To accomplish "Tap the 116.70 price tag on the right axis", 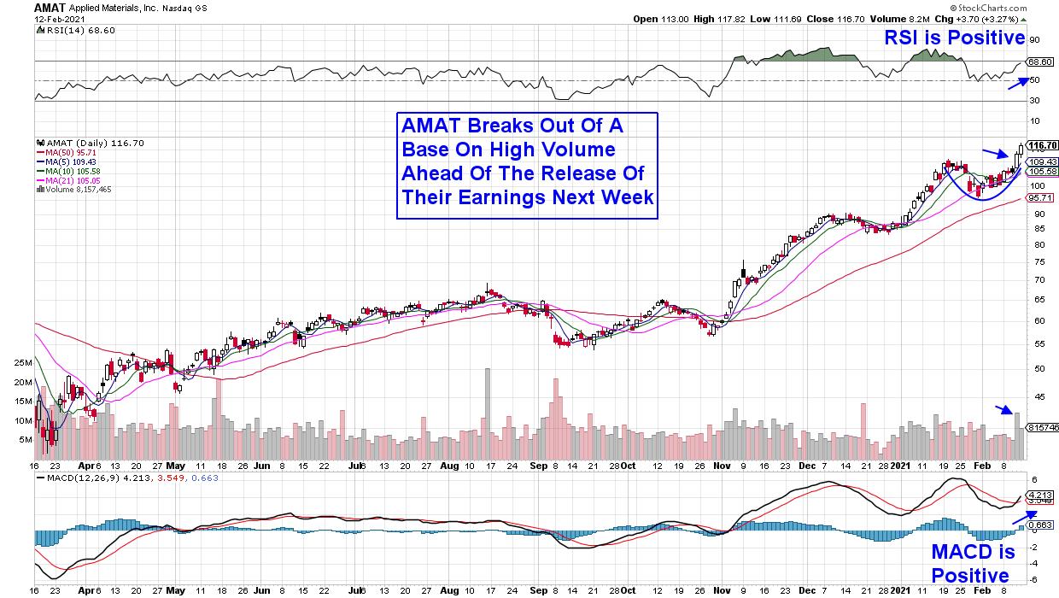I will [x=1043, y=145].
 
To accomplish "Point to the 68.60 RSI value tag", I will [x=1040, y=62].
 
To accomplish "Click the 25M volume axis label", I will [x=21, y=363].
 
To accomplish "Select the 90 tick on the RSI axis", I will [x=1033, y=39].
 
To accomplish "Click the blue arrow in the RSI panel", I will [x=1017, y=82].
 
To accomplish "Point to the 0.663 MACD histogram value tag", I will [x=1041, y=524].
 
